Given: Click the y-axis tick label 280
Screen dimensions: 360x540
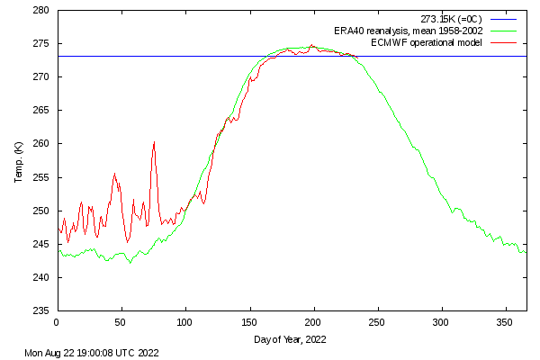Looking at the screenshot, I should tap(41, 11).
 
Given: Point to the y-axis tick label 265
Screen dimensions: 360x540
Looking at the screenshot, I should tap(41, 111).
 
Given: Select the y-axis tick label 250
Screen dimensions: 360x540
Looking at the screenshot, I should tap(41, 211).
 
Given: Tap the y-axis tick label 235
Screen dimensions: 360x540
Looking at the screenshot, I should tap(41, 310).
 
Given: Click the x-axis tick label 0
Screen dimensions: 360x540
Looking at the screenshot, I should tap(57, 321).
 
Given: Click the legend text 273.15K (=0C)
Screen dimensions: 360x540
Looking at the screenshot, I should tap(451, 19).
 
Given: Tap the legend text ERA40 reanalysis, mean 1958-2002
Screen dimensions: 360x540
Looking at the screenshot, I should tap(410, 31).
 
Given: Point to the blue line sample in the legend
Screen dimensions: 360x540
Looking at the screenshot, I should tap(503, 19).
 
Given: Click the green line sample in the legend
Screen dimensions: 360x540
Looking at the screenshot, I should tap(503, 31).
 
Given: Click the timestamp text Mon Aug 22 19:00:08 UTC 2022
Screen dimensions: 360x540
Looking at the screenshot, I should tap(92, 352).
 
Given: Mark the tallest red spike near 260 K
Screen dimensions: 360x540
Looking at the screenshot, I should tap(154, 142).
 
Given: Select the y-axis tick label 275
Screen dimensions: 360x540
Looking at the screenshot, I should tap(41, 44).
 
